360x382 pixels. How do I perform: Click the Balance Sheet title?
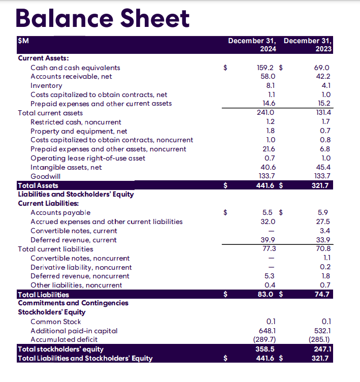(x=103, y=19)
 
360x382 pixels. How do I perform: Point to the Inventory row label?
(x=46, y=85)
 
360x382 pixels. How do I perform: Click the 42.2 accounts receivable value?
(x=323, y=76)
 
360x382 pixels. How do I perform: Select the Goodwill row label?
(x=45, y=176)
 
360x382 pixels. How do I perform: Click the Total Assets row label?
(x=38, y=185)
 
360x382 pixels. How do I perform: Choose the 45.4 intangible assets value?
(x=323, y=167)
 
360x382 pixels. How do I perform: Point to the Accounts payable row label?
(x=60, y=212)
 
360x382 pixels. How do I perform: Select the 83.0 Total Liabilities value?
(x=266, y=294)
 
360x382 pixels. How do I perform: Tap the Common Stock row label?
(x=55, y=322)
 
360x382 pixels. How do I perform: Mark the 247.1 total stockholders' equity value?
(x=323, y=349)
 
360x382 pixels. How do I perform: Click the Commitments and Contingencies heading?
(x=73, y=303)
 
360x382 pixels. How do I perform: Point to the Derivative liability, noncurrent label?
(x=81, y=267)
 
